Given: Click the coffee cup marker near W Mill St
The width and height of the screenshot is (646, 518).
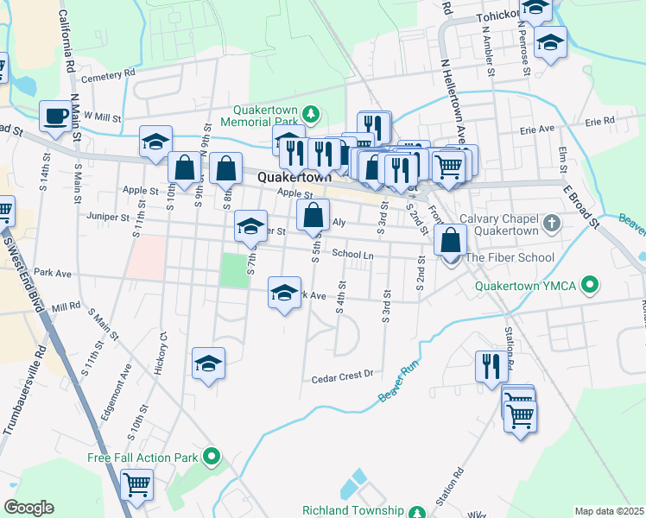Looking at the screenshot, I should pyautogui.click(x=55, y=117).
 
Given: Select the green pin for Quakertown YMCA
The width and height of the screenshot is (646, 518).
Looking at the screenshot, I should pyautogui.click(x=591, y=283).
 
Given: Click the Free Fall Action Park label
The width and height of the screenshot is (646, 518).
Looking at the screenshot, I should pyautogui.click(x=143, y=458).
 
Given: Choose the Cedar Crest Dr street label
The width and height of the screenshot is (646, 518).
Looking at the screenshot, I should pyautogui.click(x=342, y=376).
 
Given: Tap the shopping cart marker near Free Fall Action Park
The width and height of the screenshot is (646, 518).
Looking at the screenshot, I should pyautogui.click(x=137, y=484).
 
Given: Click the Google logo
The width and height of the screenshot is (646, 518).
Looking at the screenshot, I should pyautogui.click(x=28, y=508).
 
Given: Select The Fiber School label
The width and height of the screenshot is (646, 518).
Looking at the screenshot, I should pyautogui.click(x=510, y=258).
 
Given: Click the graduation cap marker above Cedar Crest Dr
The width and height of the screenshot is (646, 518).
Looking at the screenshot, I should pyautogui.click(x=208, y=364).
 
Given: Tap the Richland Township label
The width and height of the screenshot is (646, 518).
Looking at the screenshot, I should pyautogui.click(x=354, y=510).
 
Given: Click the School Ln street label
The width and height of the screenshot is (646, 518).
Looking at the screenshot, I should pyautogui.click(x=352, y=255).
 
